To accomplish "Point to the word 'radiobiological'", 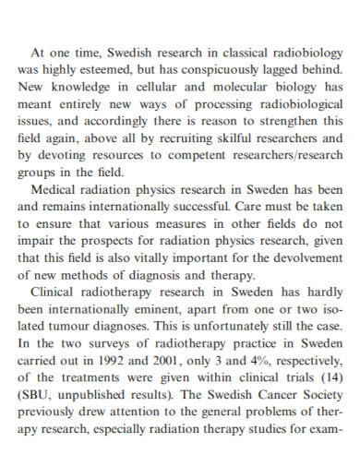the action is point(294,102).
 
